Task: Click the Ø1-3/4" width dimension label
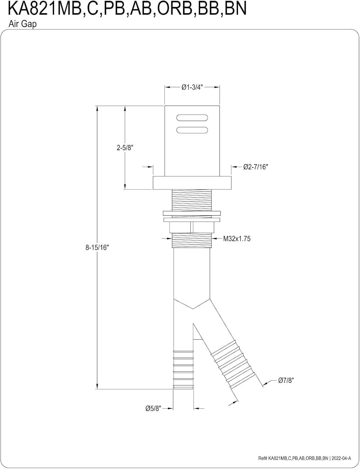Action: tap(192, 88)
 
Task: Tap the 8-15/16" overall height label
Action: tap(97, 248)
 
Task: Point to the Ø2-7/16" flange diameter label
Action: tap(256, 167)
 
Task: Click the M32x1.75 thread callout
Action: tap(237, 239)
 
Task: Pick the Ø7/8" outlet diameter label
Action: tap(286, 381)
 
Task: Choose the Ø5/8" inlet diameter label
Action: tap(153, 408)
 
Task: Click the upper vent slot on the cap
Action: tap(192, 118)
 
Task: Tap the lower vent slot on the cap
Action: tap(192, 130)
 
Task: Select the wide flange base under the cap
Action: tap(192, 183)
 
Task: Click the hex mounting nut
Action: tap(192, 227)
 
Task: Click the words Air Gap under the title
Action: tap(22, 24)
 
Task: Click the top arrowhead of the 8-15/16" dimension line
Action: tap(98, 108)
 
